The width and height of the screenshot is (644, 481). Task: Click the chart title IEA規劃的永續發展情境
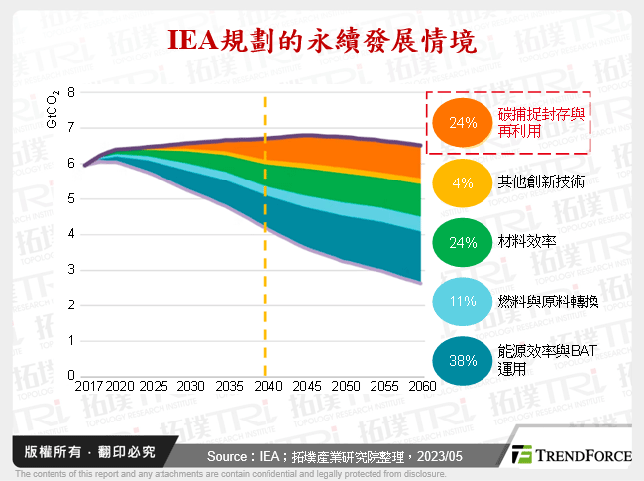tap(322, 42)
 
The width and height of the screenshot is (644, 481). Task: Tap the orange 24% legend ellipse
tap(464, 124)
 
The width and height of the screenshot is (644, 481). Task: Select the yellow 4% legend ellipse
tap(464, 183)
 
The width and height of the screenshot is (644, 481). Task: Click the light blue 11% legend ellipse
tap(464, 301)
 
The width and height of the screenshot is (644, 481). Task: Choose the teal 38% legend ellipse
tap(464, 361)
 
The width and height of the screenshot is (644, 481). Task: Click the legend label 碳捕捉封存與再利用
tap(540, 123)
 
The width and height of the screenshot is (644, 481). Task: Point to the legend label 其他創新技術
tap(540, 182)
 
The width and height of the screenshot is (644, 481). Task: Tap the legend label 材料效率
tap(527, 242)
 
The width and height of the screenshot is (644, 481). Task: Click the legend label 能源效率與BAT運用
tap(547, 360)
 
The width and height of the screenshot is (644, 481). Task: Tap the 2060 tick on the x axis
tap(421, 386)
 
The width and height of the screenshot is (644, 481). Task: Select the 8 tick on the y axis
tap(70, 92)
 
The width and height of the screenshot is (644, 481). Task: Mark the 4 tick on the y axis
tap(70, 234)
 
